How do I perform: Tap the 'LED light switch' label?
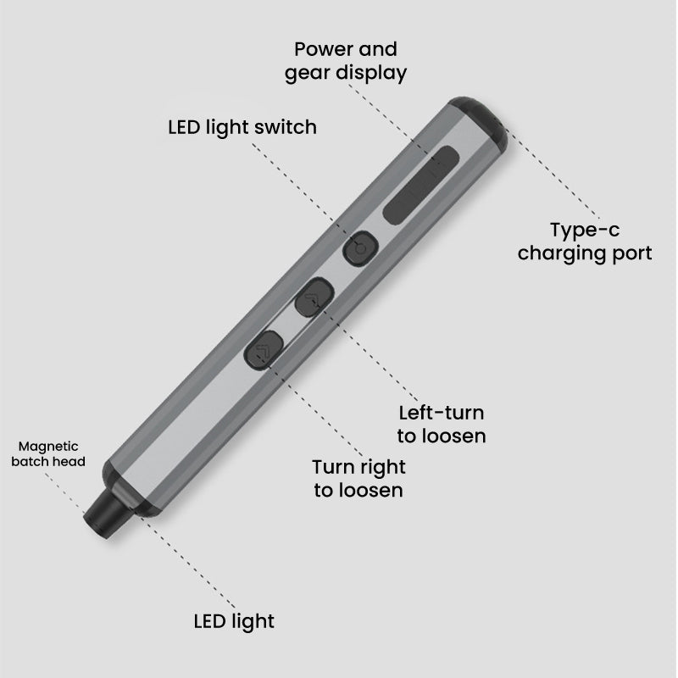pyautogui.click(x=242, y=127)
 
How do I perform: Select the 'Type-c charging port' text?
pyautogui.click(x=585, y=242)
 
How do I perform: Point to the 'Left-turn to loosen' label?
pyautogui.click(x=442, y=425)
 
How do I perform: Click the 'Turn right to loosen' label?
pyautogui.click(x=358, y=478)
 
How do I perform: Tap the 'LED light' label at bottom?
pyautogui.click(x=234, y=621)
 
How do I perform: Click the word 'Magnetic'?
pyautogui.click(x=48, y=445)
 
